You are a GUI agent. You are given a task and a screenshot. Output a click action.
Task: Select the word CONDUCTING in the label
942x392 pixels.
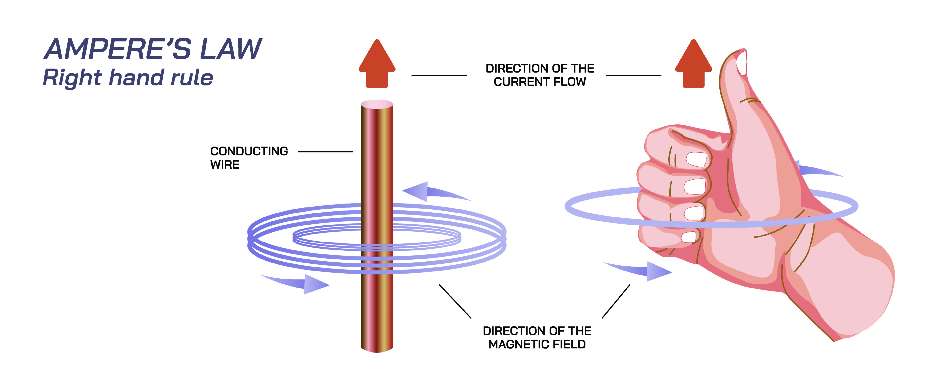(249, 151)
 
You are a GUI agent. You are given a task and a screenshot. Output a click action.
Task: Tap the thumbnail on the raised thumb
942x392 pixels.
(742, 63)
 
